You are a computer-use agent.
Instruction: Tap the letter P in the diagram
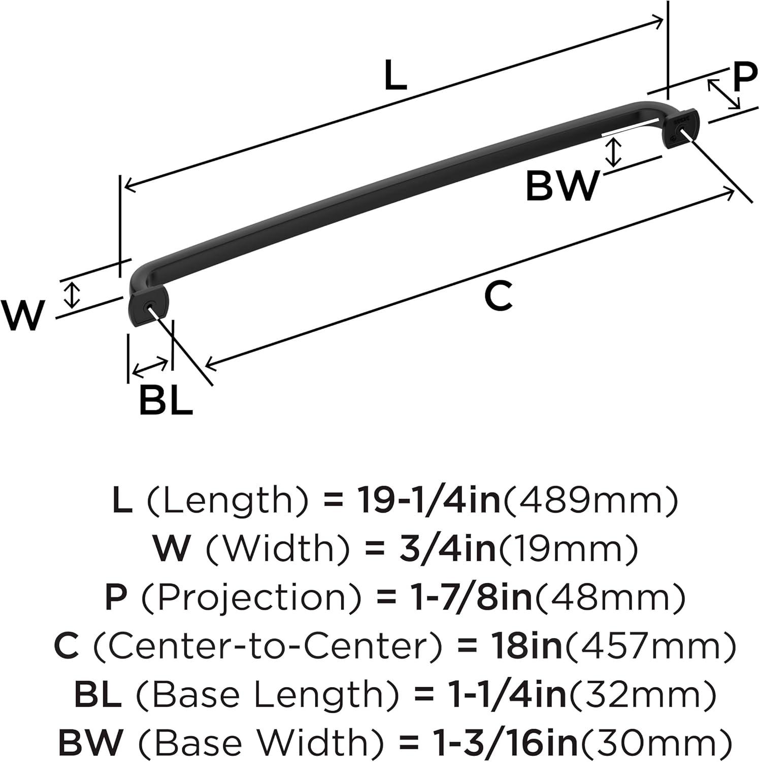coord(745,78)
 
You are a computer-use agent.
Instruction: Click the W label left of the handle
coord(23,315)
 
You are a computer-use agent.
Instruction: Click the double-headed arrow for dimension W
coord(74,295)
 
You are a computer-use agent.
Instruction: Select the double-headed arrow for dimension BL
coord(150,367)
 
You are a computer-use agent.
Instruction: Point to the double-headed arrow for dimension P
coord(724,94)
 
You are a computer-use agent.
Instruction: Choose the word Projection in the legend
coord(251,598)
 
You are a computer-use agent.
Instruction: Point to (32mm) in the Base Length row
coord(642,695)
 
